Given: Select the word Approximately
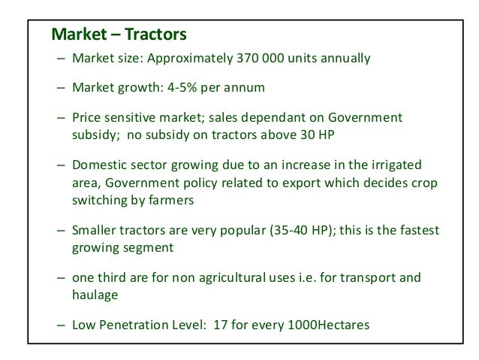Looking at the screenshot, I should (192, 59).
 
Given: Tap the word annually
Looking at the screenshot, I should (345, 59).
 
